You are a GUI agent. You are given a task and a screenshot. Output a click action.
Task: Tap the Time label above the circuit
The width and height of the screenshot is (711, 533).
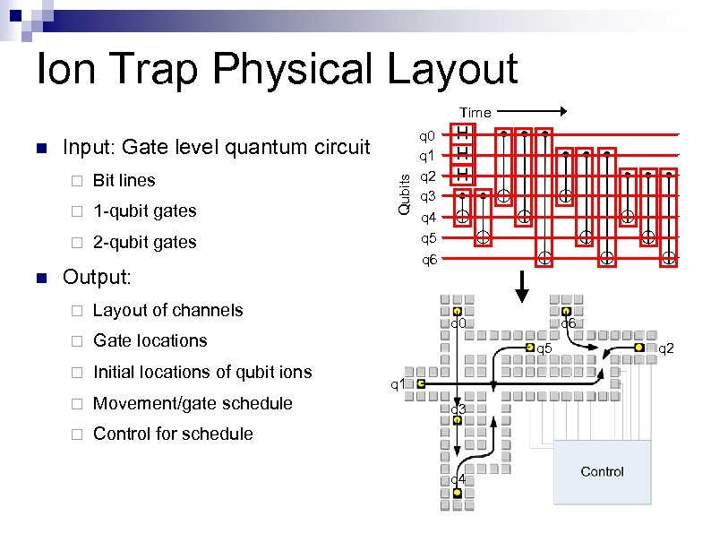[x=475, y=113]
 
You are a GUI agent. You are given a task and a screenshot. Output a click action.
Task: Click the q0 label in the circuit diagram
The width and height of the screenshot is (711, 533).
[x=428, y=136]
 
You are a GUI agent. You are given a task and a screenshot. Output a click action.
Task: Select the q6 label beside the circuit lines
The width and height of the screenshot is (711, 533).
[x=429, y=260]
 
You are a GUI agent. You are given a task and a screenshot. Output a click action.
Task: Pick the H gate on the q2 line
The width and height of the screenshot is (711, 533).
[x=463, y=172]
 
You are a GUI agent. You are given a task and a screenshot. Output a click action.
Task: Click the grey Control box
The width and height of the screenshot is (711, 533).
[x=602, y=472]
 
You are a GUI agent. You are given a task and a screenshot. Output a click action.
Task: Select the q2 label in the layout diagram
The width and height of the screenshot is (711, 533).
[x=666, y=348]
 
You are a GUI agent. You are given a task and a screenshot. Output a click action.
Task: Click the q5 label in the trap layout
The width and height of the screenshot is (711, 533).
[x=544, y=348]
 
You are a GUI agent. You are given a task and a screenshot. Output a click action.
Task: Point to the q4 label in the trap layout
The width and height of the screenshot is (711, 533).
[x=457, y=479]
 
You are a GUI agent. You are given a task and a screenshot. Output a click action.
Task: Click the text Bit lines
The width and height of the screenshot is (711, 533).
[x=124, y=180]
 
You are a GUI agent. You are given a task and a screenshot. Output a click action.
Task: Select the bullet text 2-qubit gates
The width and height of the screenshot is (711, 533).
[x=144, y=242]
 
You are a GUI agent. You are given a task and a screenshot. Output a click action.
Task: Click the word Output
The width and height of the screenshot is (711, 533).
[x=96, y=278]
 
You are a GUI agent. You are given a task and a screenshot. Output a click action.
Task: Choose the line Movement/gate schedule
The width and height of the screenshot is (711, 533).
[x=193, y=403]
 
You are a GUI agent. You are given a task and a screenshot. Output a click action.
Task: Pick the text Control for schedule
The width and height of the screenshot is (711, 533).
[x=173, y=434]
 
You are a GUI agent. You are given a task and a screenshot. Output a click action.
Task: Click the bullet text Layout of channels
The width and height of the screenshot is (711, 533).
[x=167, y=310]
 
